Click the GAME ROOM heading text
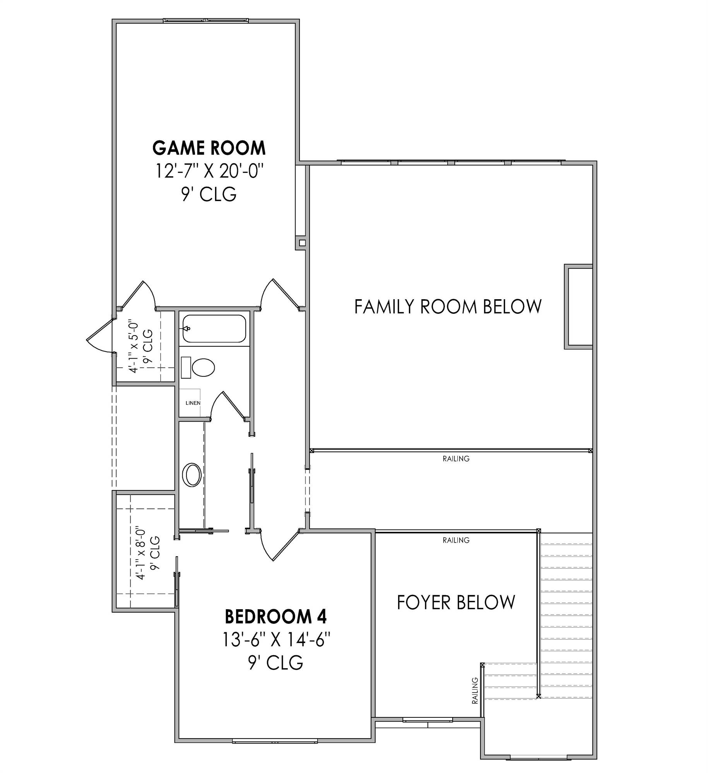click(x=209, y=148)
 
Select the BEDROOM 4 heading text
click(x=275, y=616)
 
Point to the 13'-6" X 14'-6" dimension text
click(x=275, y=640)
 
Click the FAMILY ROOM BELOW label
click(x=448, y=306)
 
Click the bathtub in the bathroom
click(x=214, y=329)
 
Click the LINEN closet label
click(x=193, y=403)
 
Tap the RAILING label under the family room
click(x=456, y=459)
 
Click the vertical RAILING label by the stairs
click(x=475, y=690)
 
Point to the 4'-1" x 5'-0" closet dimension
click(x=140, y=346)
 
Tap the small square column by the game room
click(x=302, y=243)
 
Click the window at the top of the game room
click(x=205, y=20)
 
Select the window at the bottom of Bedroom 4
click(x=275, y=741)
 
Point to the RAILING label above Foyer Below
click(x=456, y=540)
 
